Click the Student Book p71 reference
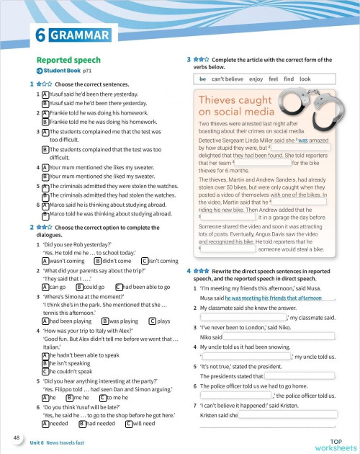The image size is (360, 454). pyautogui.click(x=66, y=73)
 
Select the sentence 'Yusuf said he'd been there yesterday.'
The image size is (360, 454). pyautogui.click(x=87, y=94)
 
